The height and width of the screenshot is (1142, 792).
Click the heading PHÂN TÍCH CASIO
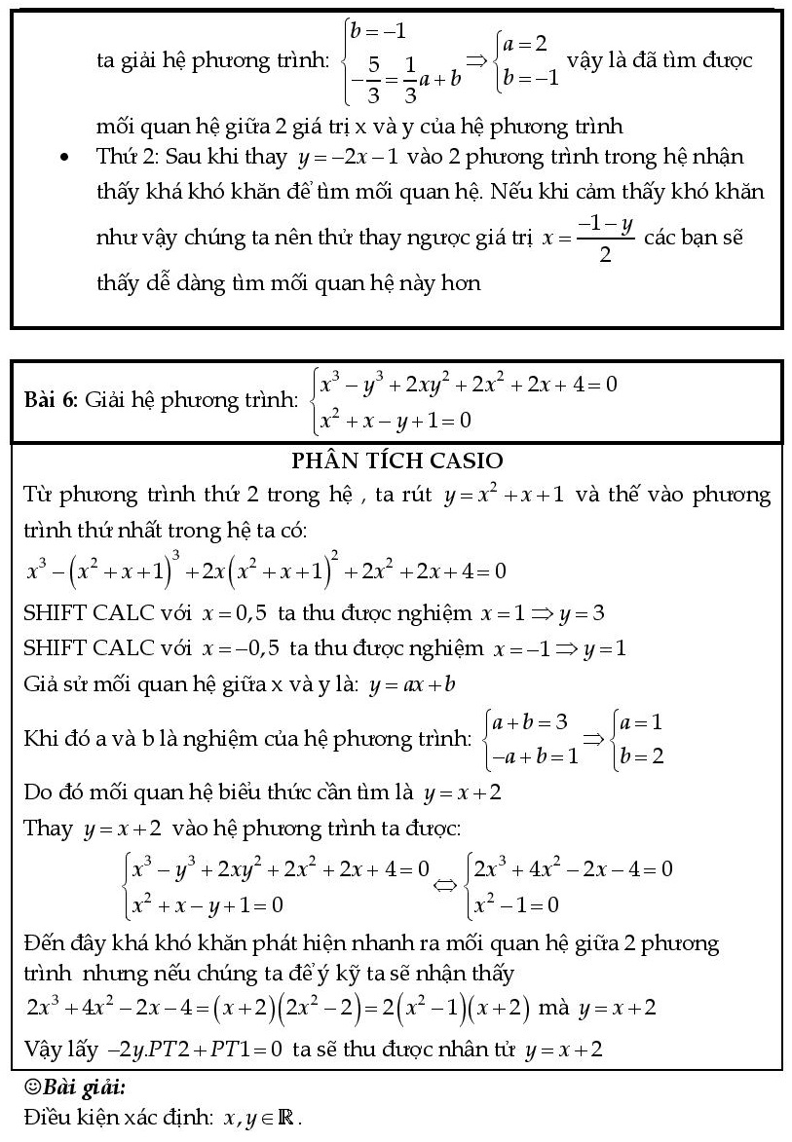pyautogui.click(x=396, y=460)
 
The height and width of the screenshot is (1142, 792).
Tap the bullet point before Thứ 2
pyautogui.click(x=65, y=158)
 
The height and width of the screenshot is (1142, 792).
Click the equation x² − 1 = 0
pyautogui.click(x=515, y=904)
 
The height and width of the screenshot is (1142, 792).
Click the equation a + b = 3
pyautogui.click(x=531, y=722)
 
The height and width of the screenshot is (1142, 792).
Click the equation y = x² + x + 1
pyautogui.click(x=504, y=496)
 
